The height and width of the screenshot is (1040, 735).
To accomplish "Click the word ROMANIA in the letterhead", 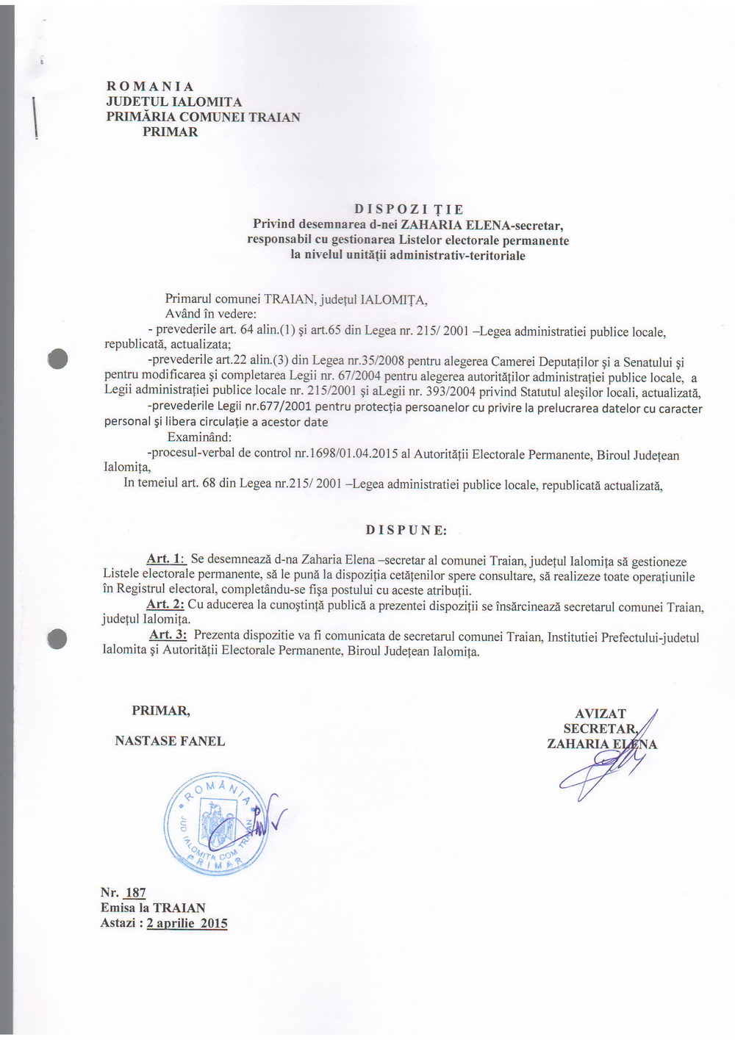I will [150, 87].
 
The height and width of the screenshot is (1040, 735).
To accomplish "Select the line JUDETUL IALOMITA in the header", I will [174, 101].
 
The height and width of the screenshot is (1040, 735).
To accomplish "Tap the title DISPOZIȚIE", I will [409, 209].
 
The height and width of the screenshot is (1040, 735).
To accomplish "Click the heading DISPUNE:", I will [406, 530].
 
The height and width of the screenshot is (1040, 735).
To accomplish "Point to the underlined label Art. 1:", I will [165, 559].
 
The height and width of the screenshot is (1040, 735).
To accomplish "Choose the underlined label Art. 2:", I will [165, 604].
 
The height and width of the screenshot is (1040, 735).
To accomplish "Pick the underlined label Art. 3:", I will [168, 634].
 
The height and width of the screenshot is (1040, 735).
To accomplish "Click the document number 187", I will [135, 892].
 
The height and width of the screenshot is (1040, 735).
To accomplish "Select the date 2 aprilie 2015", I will [187, 923].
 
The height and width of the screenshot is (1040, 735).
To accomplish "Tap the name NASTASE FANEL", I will [170, 741].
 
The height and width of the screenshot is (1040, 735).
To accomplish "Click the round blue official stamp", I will [216, 824].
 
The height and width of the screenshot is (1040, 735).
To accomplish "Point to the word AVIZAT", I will [600, 714].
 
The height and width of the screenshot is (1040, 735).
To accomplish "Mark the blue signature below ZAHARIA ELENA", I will [599, 772].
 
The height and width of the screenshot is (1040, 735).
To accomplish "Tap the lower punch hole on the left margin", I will [57, 639].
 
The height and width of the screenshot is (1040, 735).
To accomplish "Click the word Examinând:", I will [199, 437].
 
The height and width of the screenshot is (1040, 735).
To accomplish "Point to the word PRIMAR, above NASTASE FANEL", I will [161, 711].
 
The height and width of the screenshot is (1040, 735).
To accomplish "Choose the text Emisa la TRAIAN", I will [153, 908].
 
